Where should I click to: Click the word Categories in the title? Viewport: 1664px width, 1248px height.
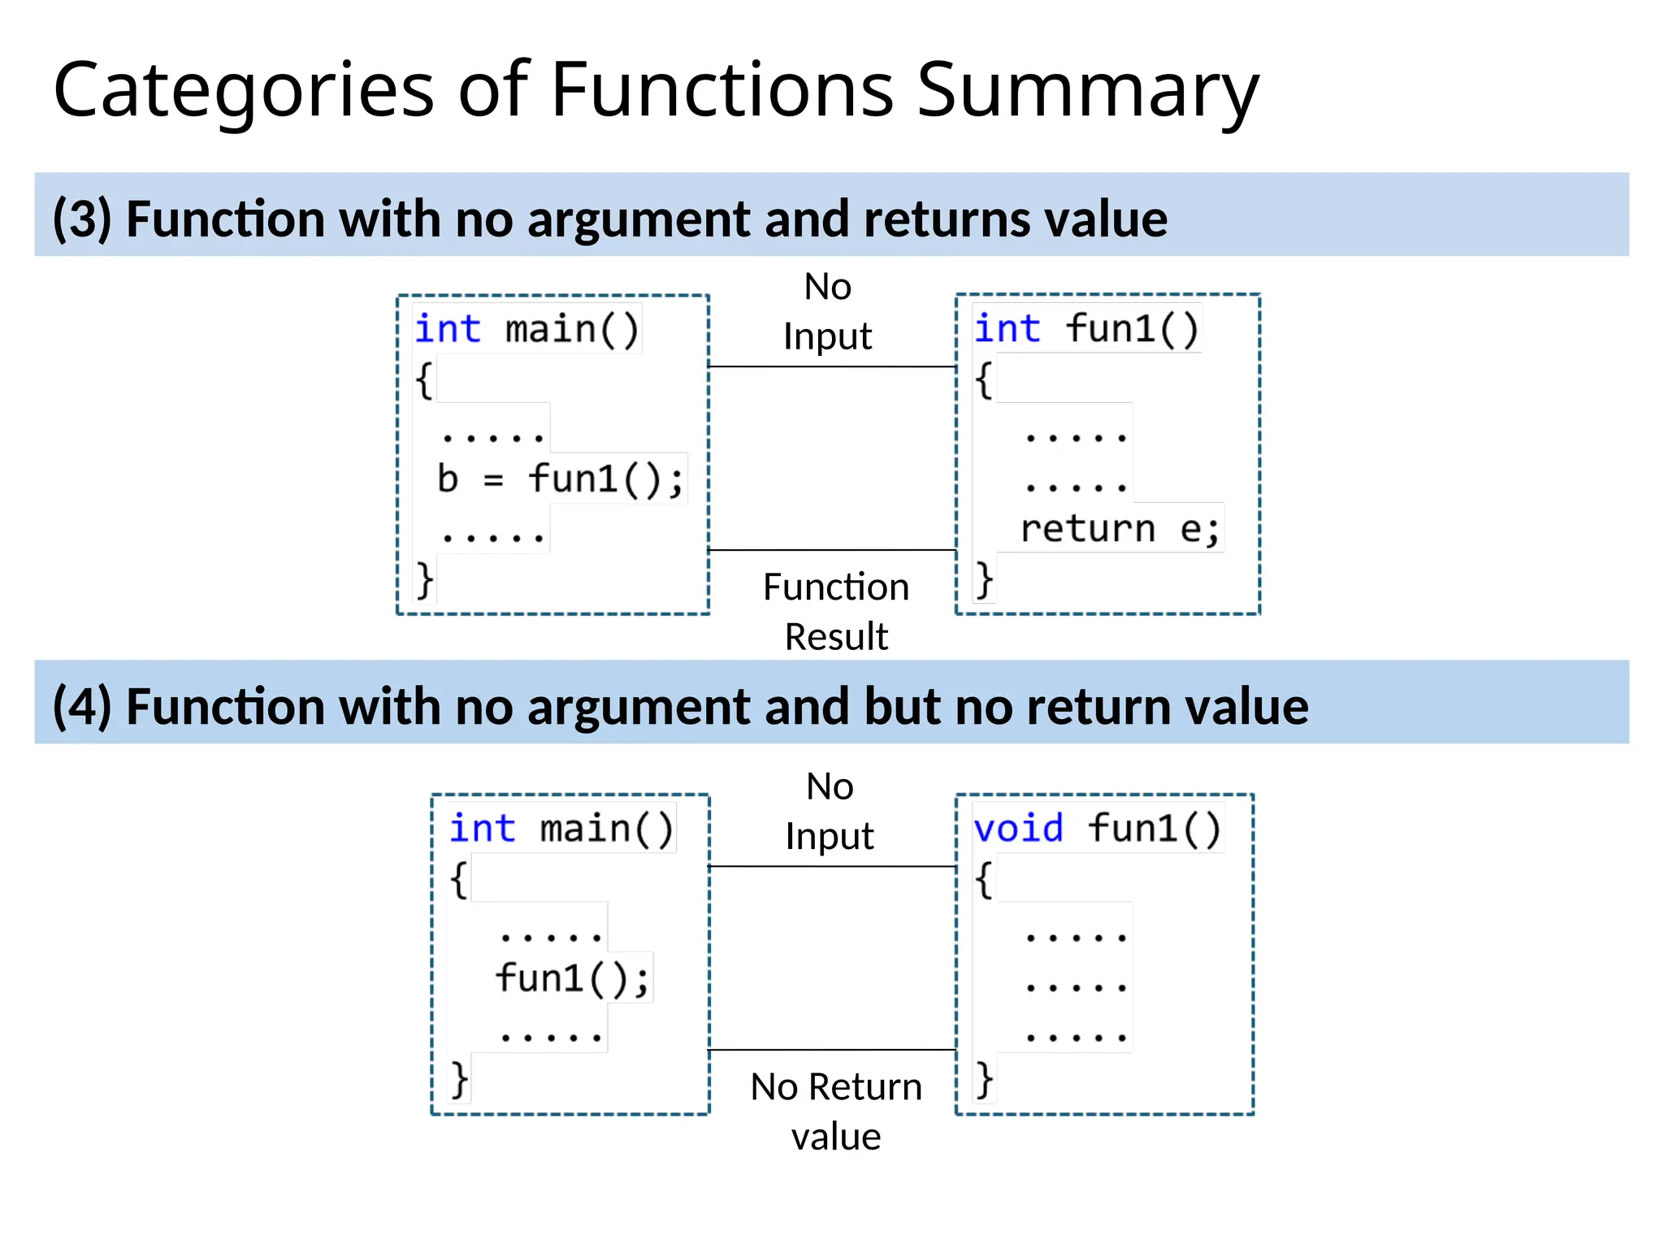click(244, 91)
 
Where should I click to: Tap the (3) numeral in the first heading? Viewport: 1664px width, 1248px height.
click(81, 219)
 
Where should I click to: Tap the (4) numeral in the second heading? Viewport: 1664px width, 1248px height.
click(81, 707)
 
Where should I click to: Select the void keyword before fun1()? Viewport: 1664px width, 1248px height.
click(1018, 829)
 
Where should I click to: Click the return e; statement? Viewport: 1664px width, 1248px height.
click(1120, 530)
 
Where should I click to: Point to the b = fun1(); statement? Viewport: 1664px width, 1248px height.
click(560, 479)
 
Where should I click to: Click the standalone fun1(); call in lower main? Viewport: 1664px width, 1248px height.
click(572, 978)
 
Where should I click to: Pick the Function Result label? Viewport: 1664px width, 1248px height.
click(835, 611)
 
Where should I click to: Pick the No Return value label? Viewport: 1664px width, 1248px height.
click(835, 1111)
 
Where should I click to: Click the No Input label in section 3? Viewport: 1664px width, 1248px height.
click(827, 312)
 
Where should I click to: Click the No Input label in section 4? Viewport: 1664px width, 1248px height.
click(829, 812)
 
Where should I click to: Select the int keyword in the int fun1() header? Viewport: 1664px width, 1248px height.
click(1007, 329)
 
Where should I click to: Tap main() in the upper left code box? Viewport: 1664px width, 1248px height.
click(572, 330)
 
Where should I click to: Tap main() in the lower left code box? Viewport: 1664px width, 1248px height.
click(607, 830)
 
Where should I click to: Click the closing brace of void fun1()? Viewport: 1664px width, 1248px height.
click(984, 1081)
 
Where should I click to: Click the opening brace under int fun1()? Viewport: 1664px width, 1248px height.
click(984, 379)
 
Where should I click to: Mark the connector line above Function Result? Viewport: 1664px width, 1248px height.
click(832, 550)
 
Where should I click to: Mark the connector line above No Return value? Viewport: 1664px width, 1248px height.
click(832, 1050)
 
